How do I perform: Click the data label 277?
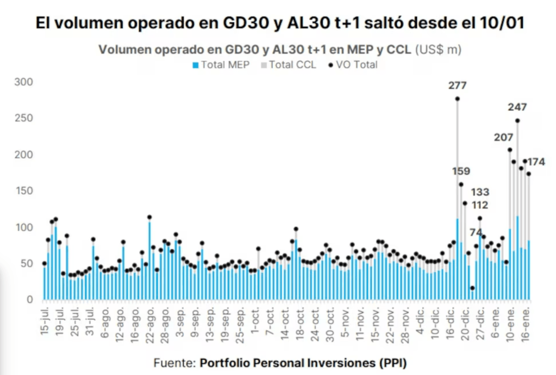click(457, 85)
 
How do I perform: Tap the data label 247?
click(517, 107)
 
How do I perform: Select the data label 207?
click(503, 137)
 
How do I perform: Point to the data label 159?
click(461, 171)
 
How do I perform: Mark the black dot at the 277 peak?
click(457, 99)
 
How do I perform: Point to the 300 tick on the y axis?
click(27, 82)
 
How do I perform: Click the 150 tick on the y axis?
click(27, 191)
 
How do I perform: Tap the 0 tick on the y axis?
click(30, 300)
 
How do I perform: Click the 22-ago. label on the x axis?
click(149, 323)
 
